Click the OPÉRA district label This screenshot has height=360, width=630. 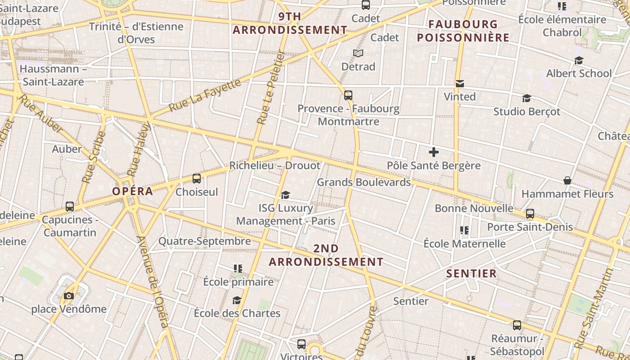click(x=133, y=191)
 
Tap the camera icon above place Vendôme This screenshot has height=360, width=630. click(x=69, y=296)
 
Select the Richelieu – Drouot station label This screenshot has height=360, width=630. click(x=275, y=165)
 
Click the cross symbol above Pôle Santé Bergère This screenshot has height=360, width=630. click(x=433, y=152)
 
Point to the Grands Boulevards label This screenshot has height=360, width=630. click(x=364, y=182)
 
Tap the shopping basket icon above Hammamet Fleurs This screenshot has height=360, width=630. click(x=567, y=180)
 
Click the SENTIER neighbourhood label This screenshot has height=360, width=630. click(x=472, y=273)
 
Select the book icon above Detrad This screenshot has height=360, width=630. click(x=358, y=54)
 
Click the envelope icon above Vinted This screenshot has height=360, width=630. click(x=459, y=84)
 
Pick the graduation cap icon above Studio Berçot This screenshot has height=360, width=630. click(x=526, y=98)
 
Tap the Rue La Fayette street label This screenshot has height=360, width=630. click(x=205, y=95)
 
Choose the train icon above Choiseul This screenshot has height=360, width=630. click(x=197, y=179)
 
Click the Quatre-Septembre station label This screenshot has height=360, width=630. click(x=205, y=241)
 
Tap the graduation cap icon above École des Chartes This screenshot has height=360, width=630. click(x=237, y=300)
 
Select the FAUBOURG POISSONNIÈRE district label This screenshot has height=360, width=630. click(x=463, y=31)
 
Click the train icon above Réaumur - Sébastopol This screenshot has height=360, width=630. click(x=517, y=325)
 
